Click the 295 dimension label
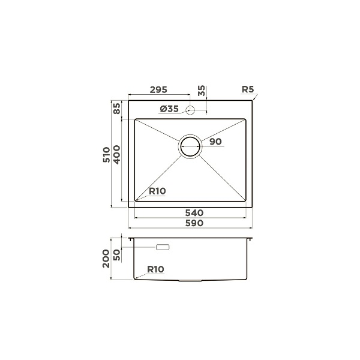click(x=158, y=90)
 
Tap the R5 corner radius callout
click(x=248, y=89)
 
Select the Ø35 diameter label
click(x=169, y=109)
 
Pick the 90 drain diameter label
click(x=215, y=142)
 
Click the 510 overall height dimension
click(x=107, y=155)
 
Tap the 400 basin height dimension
click(x=116, y=155)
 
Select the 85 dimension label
click(x=117, y=109)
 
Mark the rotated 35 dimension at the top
click(x=202, y=91)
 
